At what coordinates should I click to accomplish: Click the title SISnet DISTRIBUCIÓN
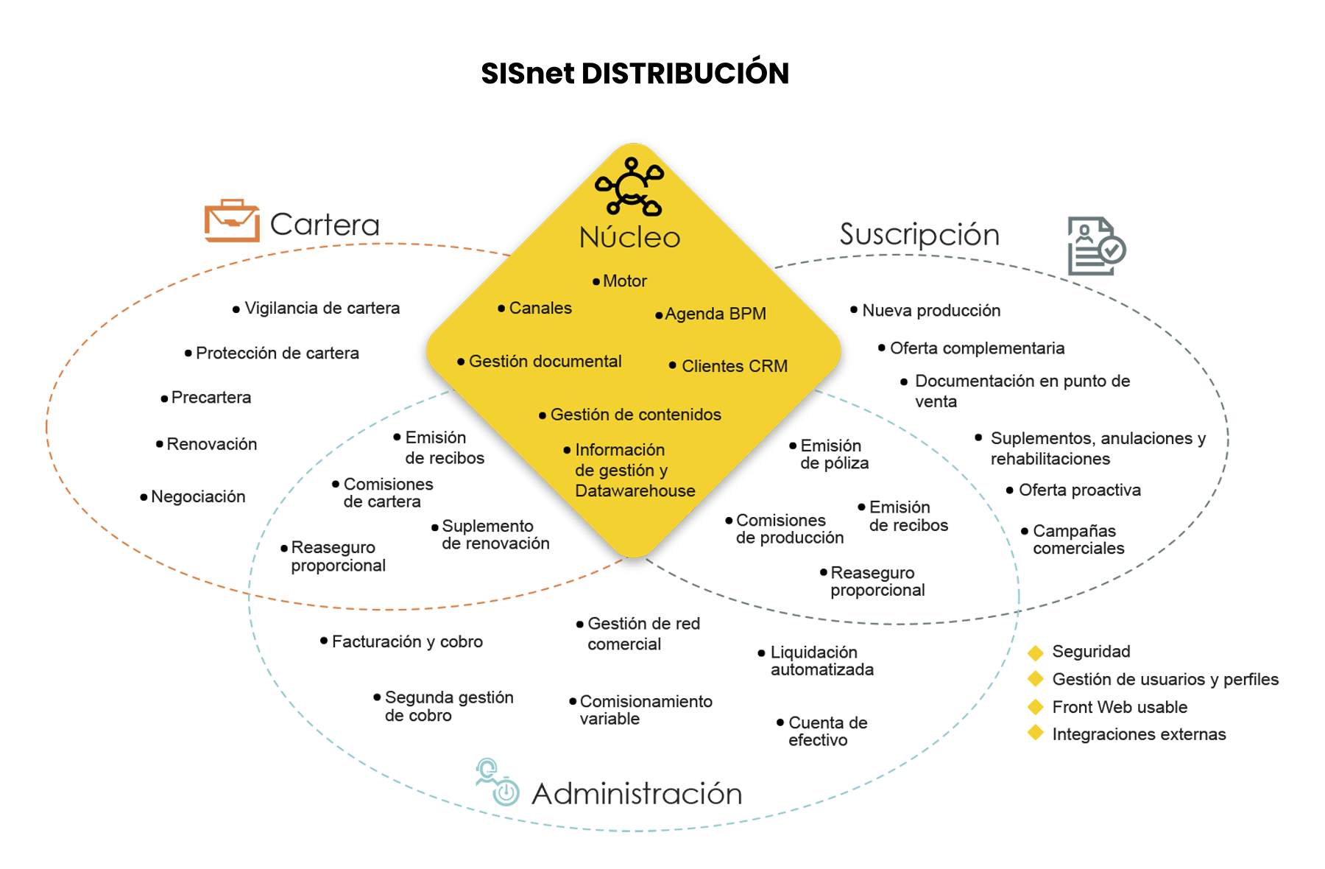(635, 73)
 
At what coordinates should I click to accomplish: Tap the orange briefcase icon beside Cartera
(232, 220)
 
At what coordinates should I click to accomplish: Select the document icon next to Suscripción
(1097, 246)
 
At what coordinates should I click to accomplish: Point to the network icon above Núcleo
(629, 186)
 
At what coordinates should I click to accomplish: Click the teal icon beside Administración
(497, 782)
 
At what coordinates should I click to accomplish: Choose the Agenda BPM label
(715, 314)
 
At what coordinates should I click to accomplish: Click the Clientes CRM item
(735, 366)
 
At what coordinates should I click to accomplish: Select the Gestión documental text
(545, 362)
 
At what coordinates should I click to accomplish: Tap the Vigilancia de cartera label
(322, 308)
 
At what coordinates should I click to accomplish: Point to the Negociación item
(198, 497)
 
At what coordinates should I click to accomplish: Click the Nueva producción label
(931, 311)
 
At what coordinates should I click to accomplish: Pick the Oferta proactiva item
(1080, 490)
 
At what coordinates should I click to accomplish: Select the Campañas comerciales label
(1078, 539)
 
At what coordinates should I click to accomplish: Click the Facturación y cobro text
(407, 641)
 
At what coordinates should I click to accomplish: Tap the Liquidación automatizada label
(822, 661)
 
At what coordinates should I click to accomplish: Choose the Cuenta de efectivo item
(828, 731)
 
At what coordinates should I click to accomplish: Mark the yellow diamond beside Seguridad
(1036, 652)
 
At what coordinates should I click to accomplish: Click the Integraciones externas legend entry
(1139, 734)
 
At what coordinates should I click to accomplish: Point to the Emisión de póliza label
(835, 454)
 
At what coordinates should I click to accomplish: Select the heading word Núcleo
(630, 237)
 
